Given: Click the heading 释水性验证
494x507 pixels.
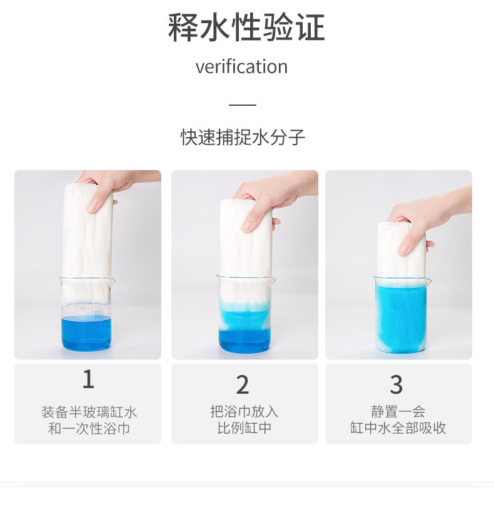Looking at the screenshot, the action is point(246,28).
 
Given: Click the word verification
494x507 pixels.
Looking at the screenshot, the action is point(241,66).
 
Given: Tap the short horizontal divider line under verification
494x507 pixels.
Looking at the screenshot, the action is point(243,105).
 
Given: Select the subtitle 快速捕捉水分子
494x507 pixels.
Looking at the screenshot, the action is point(243,137).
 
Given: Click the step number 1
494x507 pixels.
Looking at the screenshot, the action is point(88,379).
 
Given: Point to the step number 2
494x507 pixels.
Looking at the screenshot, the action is point(243,384).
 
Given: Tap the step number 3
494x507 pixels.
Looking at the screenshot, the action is point(396,384).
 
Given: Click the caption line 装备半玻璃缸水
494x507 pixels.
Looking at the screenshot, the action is point(89,412).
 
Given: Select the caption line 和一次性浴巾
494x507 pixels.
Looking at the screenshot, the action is point(89,429).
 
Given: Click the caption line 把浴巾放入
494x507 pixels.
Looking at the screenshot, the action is point(244,412).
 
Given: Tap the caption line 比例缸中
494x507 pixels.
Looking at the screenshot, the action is point(244,428).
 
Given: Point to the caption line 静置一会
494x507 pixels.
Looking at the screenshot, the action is point(398,412).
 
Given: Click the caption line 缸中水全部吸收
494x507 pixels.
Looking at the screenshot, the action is point(398,428).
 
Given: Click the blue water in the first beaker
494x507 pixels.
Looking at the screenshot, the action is point(86,334).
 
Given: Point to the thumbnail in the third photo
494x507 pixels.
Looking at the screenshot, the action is point(404,249).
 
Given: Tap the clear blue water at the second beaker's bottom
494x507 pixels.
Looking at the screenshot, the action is point(244,340).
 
